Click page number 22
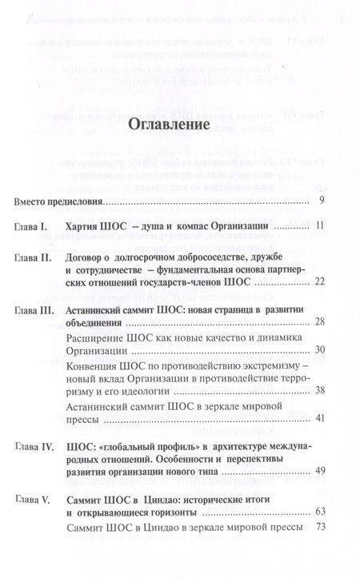pos(318,304)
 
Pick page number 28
pos(319,342)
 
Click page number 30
pos(319,373)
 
